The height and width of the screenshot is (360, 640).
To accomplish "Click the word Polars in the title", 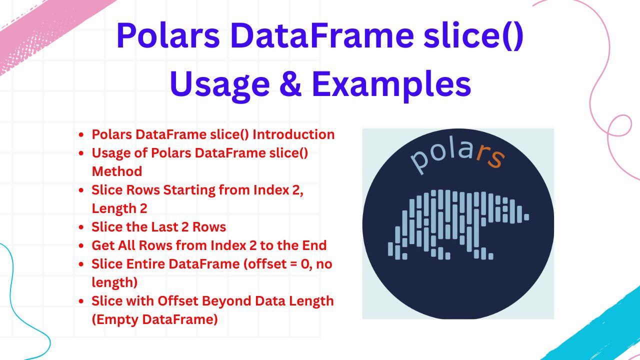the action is click(x=168, y=36).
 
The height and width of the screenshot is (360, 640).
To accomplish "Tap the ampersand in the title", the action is click(x=290, y=84).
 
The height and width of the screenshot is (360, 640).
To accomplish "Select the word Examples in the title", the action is click(x=391, y=85).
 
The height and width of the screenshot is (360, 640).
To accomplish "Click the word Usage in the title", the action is click(x=220, y=85).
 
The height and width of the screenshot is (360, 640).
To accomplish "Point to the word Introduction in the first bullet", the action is click(x=293, y=134).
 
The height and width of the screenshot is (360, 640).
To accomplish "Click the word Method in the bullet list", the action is click(x=117, y=171).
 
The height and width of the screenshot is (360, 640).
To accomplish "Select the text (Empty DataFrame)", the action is click(x=155, y=319).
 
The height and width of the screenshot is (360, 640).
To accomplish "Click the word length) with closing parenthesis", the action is click(x=114, y=282).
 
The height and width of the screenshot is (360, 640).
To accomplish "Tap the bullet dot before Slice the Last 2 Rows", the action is click(x=81, y=227).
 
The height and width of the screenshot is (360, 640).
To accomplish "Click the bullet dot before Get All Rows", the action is click(x=81, y=245).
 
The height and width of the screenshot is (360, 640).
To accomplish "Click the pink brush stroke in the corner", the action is click(x=43, y=31).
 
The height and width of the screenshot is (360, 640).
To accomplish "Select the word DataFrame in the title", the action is click(x=322, y=36).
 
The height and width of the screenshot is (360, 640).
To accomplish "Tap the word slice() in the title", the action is click(x=473, y=37).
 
